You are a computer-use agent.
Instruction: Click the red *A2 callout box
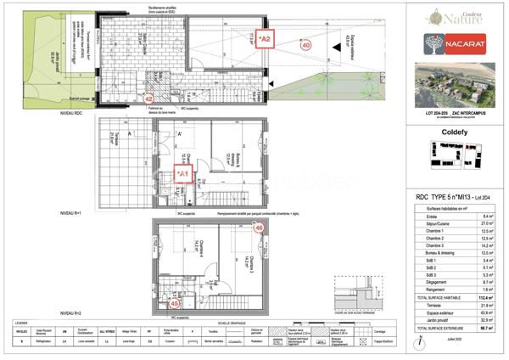click(266, 39)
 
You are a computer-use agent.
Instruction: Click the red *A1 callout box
click(184, 173)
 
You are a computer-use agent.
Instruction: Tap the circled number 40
click(305, 45)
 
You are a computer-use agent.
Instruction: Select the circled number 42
click(149, 98)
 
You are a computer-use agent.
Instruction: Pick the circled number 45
click(175, 301)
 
